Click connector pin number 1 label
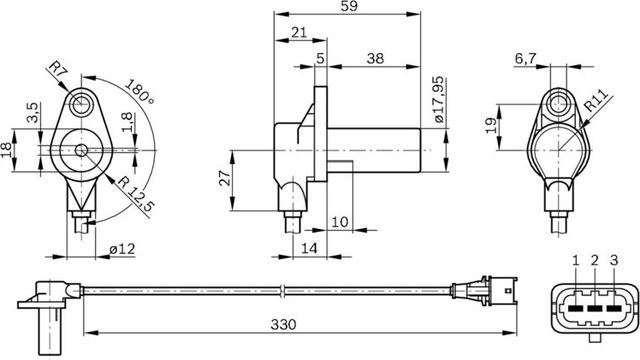576,261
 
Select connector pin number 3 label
613,261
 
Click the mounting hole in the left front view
81,103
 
